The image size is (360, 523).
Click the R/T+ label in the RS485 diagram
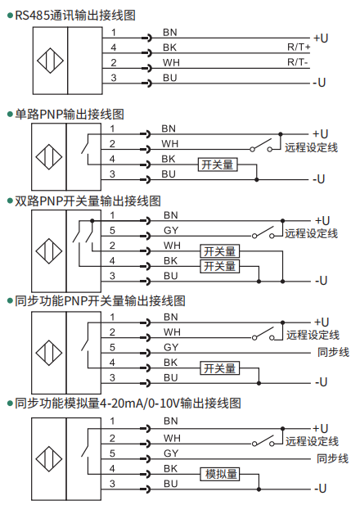[299, 47]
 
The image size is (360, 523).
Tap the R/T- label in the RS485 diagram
[298, 62]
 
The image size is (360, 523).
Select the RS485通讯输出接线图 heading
[75, 16]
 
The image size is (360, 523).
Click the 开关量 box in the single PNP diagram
[218, 165]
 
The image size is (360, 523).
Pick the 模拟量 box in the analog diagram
[219, 474]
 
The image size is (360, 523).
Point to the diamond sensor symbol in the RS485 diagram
[50, 61]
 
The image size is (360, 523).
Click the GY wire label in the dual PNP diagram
[171, 230]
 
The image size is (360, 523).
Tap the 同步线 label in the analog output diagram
[332, 458]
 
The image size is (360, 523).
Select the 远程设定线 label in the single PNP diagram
[311, 147]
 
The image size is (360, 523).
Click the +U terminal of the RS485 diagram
[321, 38]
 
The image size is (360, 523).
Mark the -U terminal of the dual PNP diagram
[321, 281]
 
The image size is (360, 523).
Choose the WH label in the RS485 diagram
[171, 62]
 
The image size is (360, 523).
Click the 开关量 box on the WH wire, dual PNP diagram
[219, 251]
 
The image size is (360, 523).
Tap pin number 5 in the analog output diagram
[112, 453]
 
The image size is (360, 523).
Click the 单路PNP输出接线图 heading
[70, 115]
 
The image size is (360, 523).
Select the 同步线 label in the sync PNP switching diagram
[333, 352]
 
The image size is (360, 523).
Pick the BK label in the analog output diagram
[170, 469]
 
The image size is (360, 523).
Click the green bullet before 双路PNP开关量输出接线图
[10, 201]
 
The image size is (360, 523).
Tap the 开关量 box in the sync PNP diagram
[219, 368]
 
